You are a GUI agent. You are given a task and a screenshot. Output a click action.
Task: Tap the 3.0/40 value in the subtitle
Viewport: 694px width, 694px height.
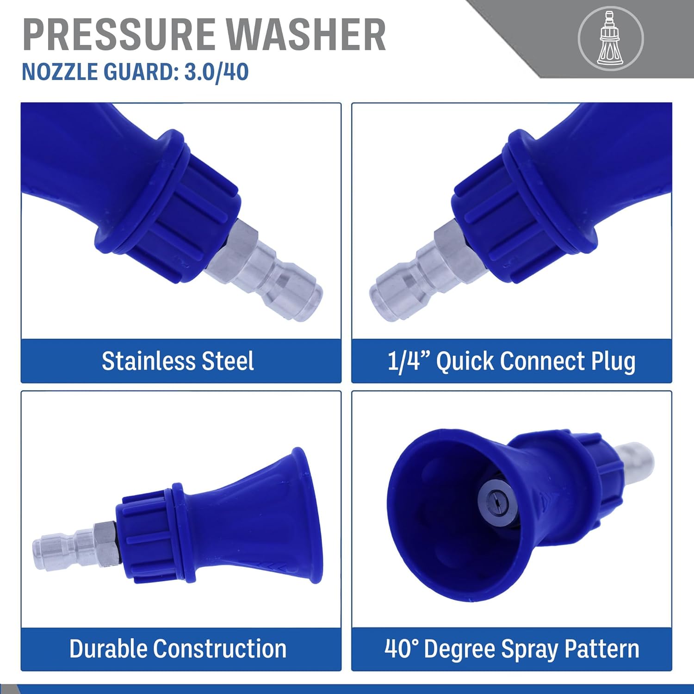(217, 72)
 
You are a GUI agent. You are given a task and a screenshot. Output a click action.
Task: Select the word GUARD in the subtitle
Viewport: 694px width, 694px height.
(141, 72)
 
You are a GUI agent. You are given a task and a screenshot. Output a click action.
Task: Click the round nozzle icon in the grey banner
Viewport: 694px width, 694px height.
(611, 38)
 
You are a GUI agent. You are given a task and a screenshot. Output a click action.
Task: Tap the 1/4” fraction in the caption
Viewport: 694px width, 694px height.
(409, 361)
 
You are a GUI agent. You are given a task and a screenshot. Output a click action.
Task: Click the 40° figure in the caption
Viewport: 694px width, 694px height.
(401, 649)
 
